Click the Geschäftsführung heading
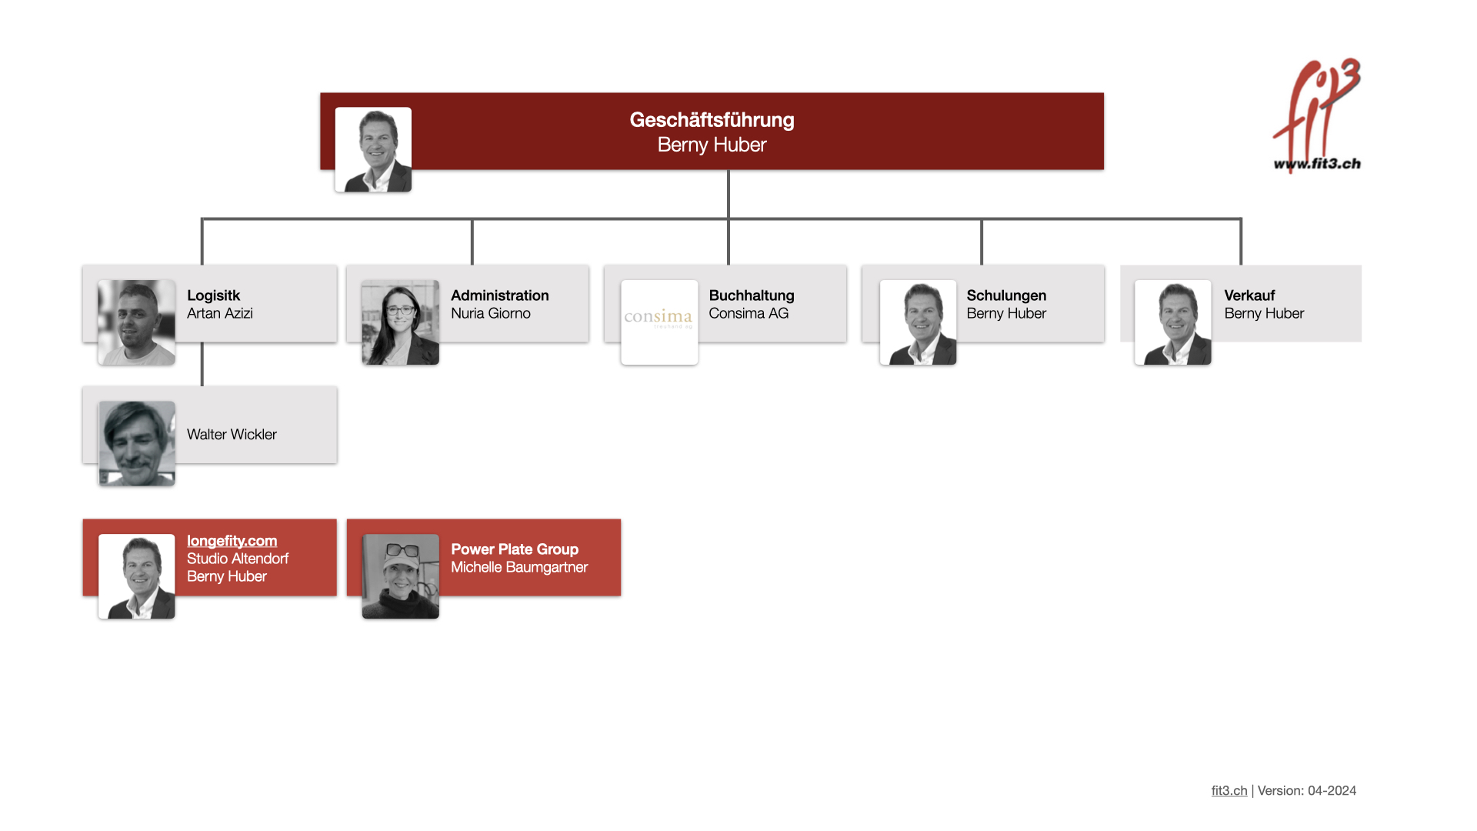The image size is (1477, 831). pos(712,120)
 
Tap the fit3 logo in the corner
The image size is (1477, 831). pos(1317,115)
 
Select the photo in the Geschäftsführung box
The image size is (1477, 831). pos(373,149)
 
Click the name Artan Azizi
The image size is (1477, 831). pos(220,313)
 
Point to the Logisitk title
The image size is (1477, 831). pos(213,295)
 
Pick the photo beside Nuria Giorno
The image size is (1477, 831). pos(400,322)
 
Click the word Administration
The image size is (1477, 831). pos(500,295)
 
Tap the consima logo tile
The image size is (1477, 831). pos(659,322)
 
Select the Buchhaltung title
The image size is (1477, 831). pos(752,295)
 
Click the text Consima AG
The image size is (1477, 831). pos(749,313)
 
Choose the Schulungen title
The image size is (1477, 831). pos(1006,295)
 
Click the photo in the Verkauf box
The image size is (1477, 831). pos(1172,322)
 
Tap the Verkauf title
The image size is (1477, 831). pos(1249,295)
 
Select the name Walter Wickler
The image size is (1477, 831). pos(232,435)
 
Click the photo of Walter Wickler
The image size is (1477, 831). pos(137,443)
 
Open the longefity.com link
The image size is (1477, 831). pos(232,541)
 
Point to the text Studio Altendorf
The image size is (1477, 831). pos(238,559)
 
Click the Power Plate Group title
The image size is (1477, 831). pos(515,549)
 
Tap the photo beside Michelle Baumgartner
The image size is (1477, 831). pos(400,576)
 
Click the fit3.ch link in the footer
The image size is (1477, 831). pos(1229,790)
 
